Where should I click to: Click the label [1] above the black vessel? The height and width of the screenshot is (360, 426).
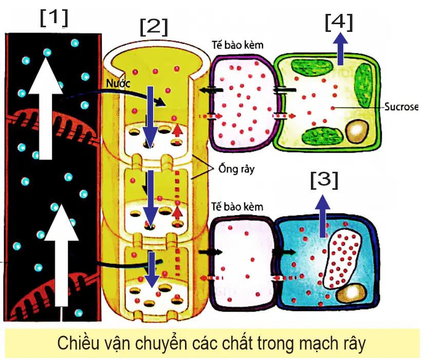coord(54,18)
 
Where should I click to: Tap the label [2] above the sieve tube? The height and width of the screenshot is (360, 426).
coord(154,27)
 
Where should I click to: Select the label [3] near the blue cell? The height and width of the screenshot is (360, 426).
coord(324,180)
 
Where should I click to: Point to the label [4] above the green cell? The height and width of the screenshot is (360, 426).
coord(339,23)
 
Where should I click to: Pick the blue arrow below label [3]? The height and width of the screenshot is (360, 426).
coord(323,216)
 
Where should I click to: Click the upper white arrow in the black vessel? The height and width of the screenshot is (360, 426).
coord(45,107)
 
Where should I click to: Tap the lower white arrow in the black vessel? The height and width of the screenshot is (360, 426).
coord(61,256)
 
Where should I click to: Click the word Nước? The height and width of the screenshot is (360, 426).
coord(118,83)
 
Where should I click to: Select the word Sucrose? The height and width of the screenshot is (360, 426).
coord(401,107)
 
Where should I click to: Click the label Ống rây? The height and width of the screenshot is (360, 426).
coord(236,169)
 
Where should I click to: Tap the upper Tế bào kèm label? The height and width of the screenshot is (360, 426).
coord(238,45)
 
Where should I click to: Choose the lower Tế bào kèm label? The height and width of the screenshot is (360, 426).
coord(237,207)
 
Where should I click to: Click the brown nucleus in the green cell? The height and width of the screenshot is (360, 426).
coord(357,131)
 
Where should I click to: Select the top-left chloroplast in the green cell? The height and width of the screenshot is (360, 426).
coord(312,67)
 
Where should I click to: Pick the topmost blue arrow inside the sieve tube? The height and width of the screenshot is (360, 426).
coord(151,117)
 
